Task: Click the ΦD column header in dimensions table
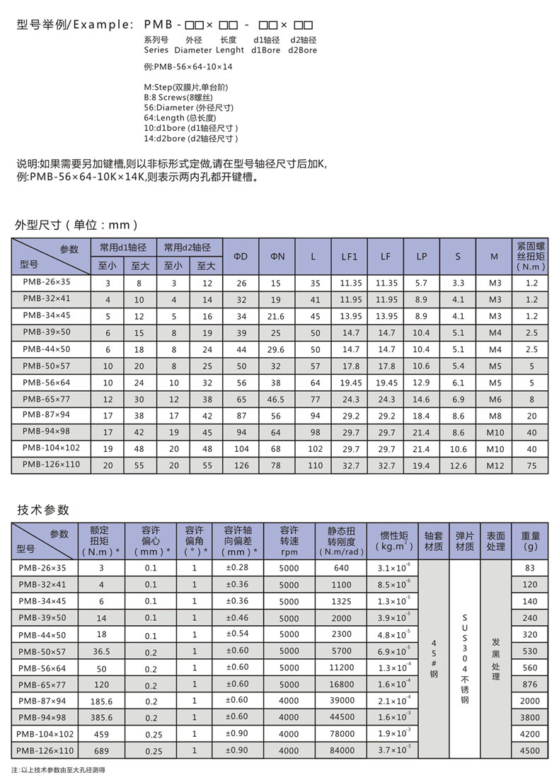[x=241, y=256]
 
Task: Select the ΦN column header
[x=277, y=256]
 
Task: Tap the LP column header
[x=421, y=256]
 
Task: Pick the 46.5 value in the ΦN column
[x=277, y=399]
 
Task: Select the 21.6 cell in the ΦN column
[x=277, y=315]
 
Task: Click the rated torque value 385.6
[x=100, y=717]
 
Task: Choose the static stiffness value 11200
[x=340, y=668]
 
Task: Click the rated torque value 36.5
[x=100, y=651]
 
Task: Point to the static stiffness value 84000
[x=340, y=750]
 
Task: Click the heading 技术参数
[x=43, y=510]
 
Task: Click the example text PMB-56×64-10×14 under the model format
[x=188, y=67]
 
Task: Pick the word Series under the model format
[x=156, y=50]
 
